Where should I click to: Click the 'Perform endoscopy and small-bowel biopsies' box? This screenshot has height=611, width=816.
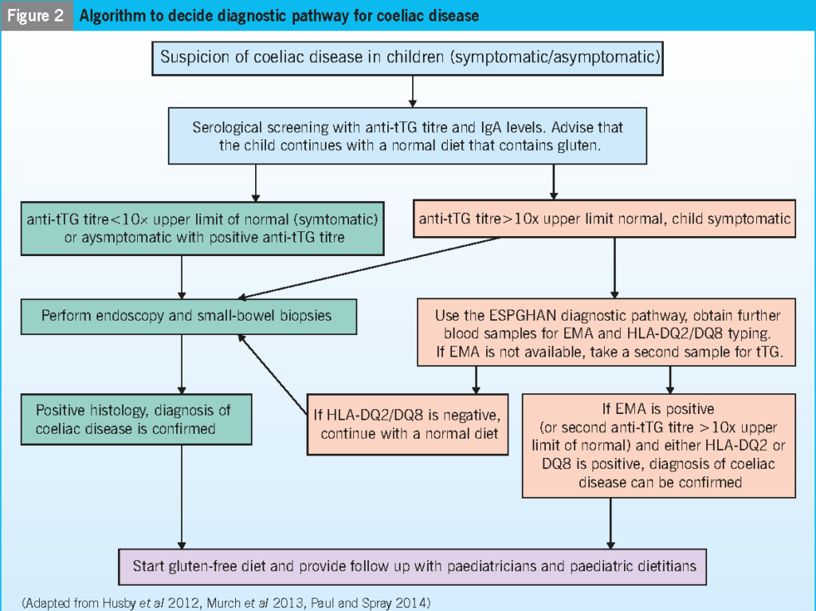189,315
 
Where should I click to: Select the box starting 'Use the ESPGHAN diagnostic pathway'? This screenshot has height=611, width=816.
607,333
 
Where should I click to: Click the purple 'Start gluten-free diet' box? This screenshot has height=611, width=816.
412,566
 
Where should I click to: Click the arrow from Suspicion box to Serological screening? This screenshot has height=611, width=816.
412,92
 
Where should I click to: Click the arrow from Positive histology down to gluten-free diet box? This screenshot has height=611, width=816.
182,495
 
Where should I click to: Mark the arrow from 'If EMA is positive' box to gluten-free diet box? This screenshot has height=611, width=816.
610,522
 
